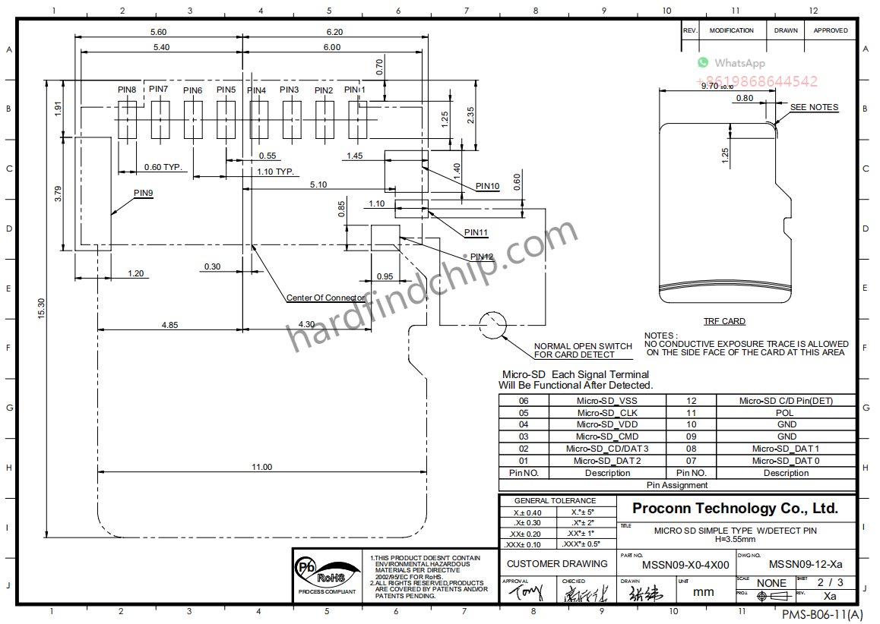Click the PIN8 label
click(127, 90)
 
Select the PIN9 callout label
click(144, 193)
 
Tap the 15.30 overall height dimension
click(42, 307)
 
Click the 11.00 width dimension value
click(261, 467)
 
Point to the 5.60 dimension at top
click(158, 32)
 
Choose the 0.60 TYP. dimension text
click(164, 167)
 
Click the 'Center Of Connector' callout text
click(325, 298)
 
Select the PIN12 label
click(482, 257)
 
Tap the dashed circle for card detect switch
click(492, 325)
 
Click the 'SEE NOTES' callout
click(814, 107)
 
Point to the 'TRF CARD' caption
click(723, 321)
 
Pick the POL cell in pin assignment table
click(786, 413)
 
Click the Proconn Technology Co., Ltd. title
click(735, 509)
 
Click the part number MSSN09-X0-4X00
click(685, 565)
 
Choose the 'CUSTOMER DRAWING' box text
click(557, 563)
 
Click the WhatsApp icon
click(703, 63)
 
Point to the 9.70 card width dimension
click(717, 86)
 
